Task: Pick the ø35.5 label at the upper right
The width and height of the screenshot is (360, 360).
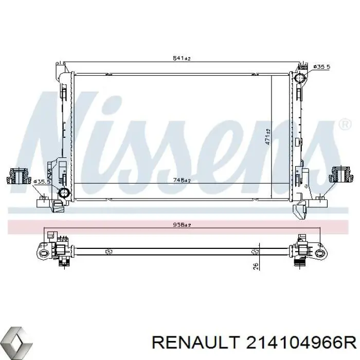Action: point(320,67)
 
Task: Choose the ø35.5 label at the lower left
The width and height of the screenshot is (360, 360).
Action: point(41,182)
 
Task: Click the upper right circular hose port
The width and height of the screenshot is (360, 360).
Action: point(300,79)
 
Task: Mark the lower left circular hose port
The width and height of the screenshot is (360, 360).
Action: point(64,193)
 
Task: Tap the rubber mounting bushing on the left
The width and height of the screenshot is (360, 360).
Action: point(18,176)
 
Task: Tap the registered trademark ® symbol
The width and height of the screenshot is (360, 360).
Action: point(344,124)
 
